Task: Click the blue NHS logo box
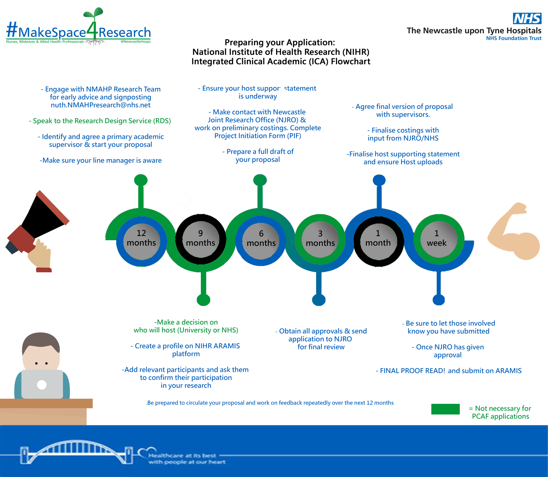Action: tap(527, 18)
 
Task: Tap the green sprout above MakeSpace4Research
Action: tap(93, 13)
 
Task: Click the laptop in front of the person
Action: tap(42, 384)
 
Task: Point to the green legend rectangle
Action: tap(445, 409)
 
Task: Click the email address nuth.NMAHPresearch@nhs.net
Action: tap(101, 105)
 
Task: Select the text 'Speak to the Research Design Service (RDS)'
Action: tap(100, 121)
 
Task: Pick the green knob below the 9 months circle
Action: tap(203, 300)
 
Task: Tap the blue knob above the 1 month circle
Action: tap(379, 180)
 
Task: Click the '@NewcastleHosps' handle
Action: tap(135, 42)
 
